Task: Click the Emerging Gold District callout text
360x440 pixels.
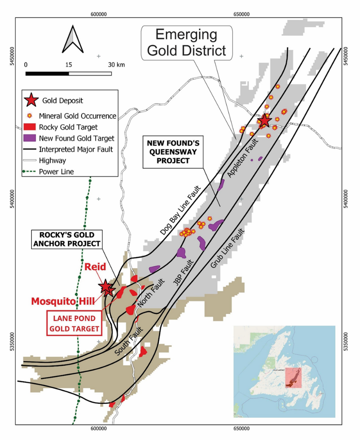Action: point(187,42)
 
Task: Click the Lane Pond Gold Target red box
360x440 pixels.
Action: point(74,323)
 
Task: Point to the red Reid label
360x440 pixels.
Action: point(95,267)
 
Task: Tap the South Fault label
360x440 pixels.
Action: point(125,342)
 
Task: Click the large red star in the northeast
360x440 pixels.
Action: point(264,120)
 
